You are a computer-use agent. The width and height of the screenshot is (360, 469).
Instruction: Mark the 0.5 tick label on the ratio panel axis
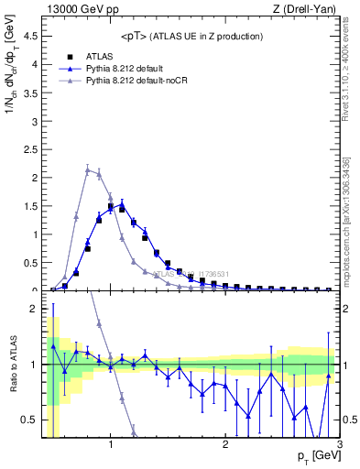tap(29, 420)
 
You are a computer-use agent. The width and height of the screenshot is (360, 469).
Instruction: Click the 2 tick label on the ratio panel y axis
tap(34, 309)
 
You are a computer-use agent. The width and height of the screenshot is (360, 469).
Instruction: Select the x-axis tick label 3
tap(339, 445)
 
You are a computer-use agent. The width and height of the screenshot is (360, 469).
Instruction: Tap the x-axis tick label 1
tap(111, 445)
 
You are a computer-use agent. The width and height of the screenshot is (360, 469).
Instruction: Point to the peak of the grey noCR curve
tap(87, 169)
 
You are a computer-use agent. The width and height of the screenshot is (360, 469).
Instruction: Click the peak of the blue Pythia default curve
tap(121, 204)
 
